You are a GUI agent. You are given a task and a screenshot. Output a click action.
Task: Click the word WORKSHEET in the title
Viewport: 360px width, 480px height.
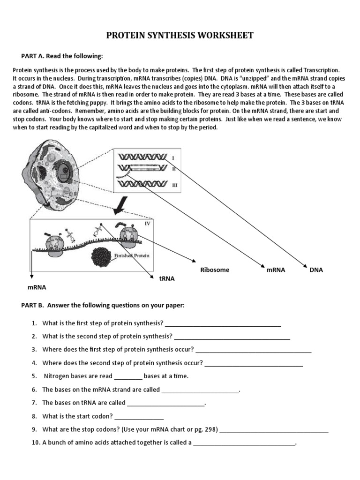[x=225, y=36]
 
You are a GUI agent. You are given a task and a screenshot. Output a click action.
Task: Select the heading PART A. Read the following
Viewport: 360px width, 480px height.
[x=61, y=56]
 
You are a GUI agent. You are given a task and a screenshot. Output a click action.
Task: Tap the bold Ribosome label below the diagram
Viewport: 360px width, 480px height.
[x=215, y=270]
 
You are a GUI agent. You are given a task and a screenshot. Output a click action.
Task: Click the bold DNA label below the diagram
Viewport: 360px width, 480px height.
[x=316, y=270]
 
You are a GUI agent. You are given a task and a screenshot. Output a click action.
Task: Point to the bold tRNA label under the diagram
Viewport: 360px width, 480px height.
[x=167, y=278]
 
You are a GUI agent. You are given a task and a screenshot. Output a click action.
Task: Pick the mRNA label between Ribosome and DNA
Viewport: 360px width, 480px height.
[x=276, y=270]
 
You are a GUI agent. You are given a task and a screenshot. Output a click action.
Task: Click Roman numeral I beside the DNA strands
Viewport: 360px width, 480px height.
[x=173, y=158]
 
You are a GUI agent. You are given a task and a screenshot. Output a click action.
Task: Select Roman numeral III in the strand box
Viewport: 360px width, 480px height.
[x=175, y=185]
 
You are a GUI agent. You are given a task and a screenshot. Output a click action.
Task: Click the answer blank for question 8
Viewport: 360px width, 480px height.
[x=139, y=416]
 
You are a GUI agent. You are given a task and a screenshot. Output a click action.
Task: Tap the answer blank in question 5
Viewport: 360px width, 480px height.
[x=128, y=376]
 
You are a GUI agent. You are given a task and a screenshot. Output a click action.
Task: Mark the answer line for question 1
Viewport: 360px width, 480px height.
[x=223, y=323]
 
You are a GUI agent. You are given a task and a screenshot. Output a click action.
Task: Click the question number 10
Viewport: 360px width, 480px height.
[x=36, y=442]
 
